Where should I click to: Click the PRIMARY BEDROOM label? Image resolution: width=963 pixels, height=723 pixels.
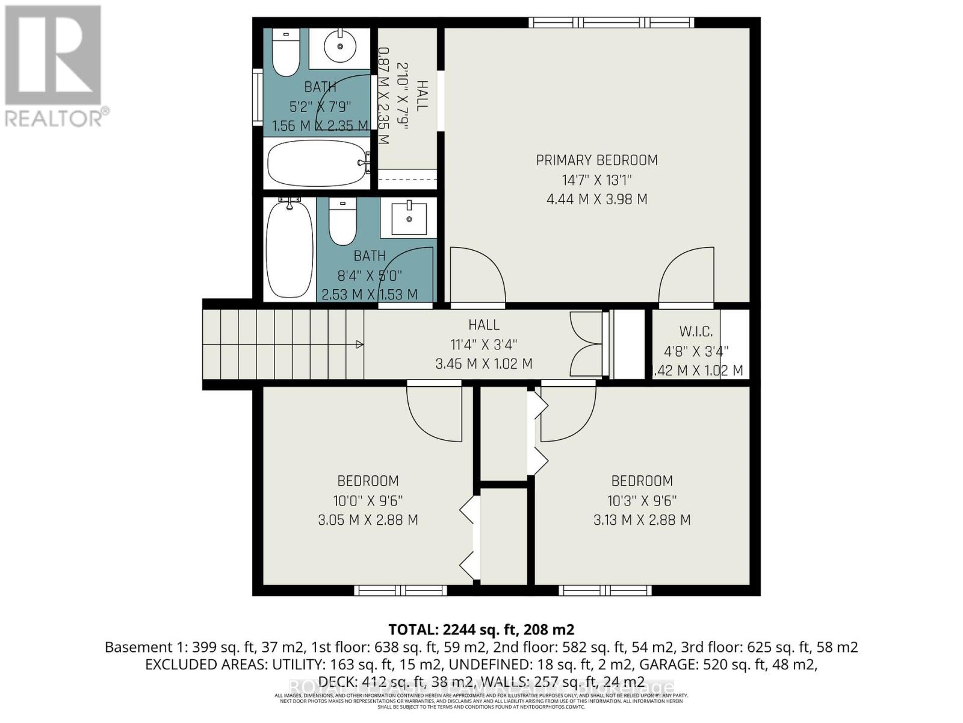pyautogui.click(x=596, y=160)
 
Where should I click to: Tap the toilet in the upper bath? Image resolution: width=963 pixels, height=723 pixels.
pyautogui.click(x=285, y=52)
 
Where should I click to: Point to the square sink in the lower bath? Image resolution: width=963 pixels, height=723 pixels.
pyautogui.click(x=409, y=219)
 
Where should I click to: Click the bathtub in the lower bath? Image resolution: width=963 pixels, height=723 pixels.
pyautogui.click(x=290, y=248)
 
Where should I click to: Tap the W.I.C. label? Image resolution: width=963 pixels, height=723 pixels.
pyautogui.click(x=696, y=331)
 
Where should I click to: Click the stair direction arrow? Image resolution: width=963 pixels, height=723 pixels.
pyautogui.click(x=359, y=345)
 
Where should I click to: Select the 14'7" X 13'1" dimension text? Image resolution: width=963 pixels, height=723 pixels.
pyautogui.click(x=596, y=180)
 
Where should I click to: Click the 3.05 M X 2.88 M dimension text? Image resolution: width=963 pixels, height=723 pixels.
pyautogui.click(x=368, y=520)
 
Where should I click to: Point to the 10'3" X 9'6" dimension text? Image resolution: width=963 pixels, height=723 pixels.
pyautogui.click(x=642, y=501)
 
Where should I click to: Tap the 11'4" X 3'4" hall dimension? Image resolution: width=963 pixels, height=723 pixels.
pyautogui.click(x=484, y=345)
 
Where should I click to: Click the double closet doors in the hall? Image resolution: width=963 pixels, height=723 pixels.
pyautogui.click(x=584, y=345)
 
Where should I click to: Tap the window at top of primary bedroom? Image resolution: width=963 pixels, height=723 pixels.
pyautogui.click(x=612, y=23)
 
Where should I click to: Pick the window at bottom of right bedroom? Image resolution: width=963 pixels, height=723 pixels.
pyautogui.click(x=605, y=590)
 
